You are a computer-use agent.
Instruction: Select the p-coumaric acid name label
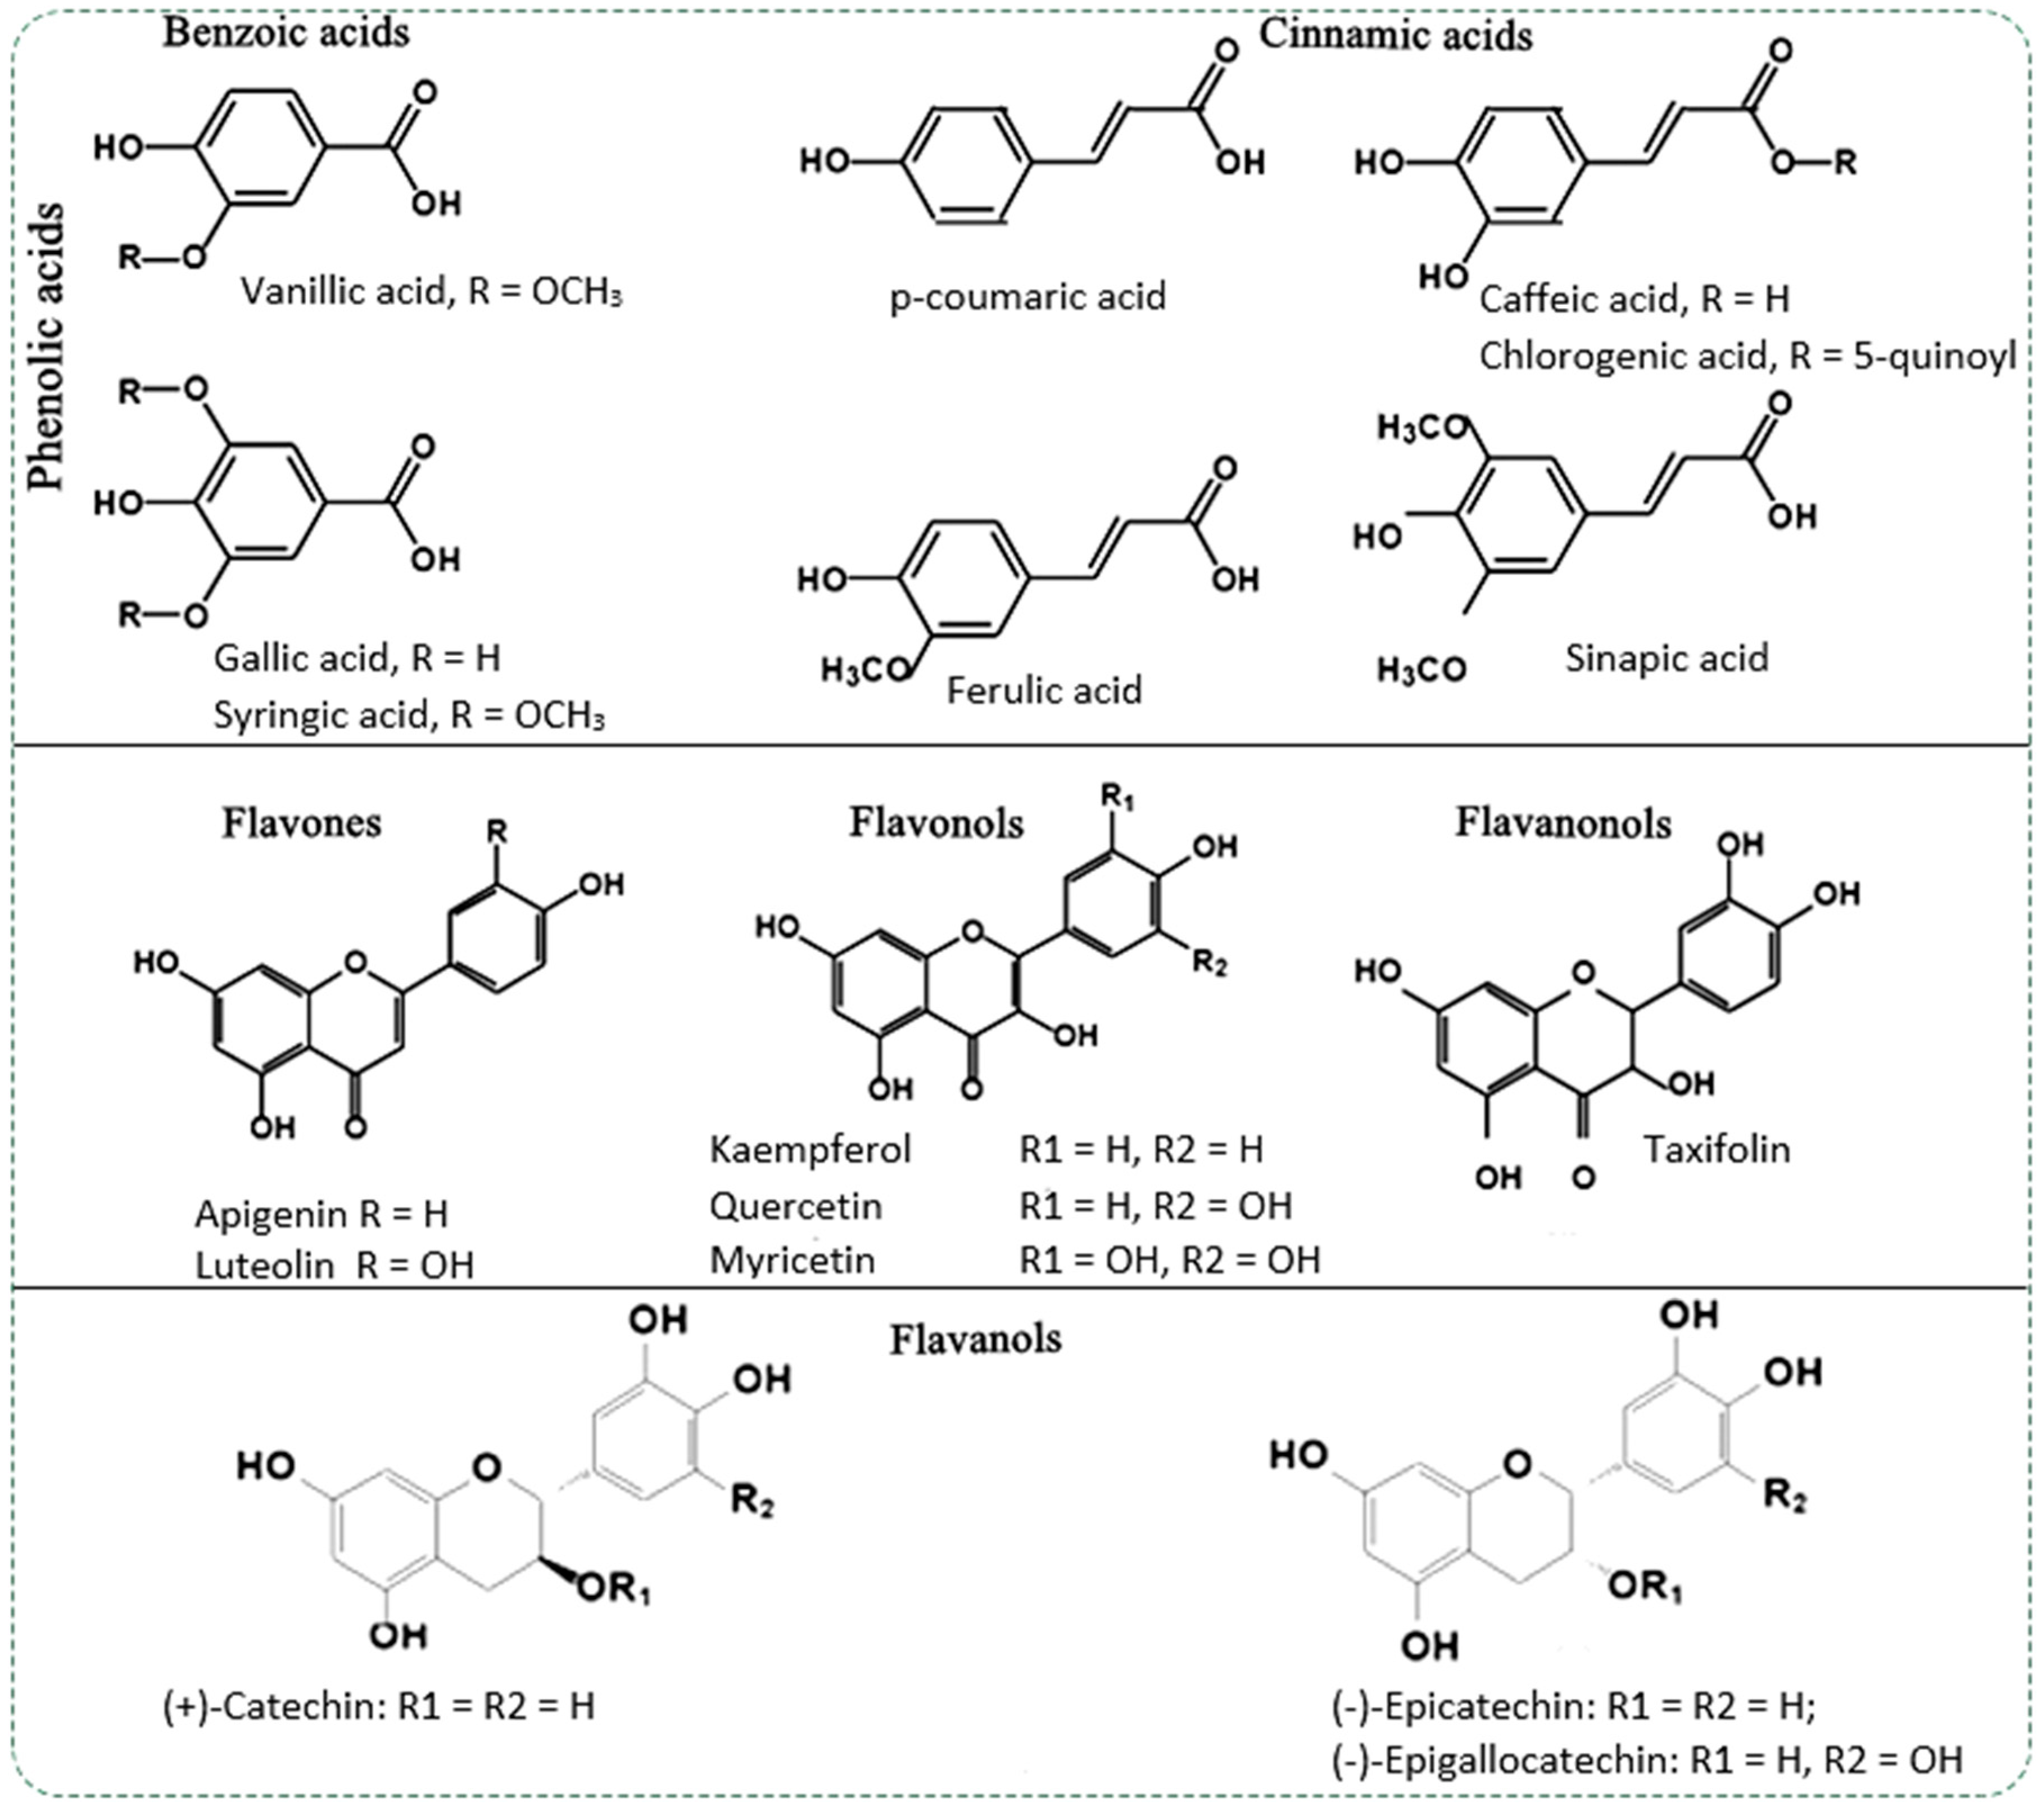1027,297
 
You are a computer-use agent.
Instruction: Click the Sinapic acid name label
1667,657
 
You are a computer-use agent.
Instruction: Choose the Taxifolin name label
1717,1150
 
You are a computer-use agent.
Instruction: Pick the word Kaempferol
810,1150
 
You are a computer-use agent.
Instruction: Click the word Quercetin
795,1206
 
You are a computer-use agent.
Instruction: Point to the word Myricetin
792,1260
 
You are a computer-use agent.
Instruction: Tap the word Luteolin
264,1266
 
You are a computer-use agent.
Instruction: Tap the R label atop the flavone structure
496,831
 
